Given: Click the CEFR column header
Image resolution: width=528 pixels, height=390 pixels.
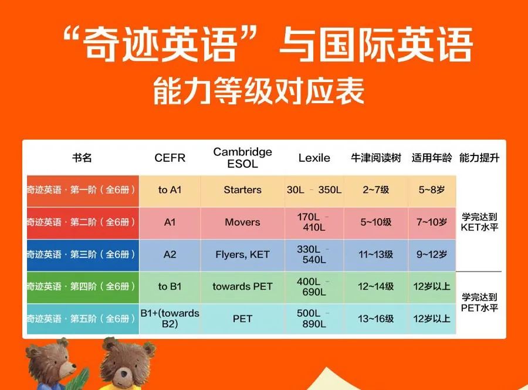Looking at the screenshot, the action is (x=170, y=158).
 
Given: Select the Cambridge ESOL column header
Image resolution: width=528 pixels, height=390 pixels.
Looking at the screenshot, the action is (x=242, y=158).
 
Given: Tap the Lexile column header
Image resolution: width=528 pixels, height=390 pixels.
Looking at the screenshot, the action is (x=314, y=158).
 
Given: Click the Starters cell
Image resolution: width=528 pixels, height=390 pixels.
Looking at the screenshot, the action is (x=242, y=190).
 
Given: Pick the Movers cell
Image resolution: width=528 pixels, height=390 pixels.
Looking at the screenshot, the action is (x=242, y=222).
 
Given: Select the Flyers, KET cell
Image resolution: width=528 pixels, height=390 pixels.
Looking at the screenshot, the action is (x=242, y=255).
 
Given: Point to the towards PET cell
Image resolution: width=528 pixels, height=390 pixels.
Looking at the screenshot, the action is (x=242, y=286).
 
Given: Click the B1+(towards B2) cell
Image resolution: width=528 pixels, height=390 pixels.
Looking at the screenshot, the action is (x=170, y=318).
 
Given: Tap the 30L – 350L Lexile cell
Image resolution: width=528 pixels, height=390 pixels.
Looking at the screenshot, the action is (x=314, y=190).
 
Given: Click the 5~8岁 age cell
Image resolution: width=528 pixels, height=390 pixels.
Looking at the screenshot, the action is (x=432, y=190).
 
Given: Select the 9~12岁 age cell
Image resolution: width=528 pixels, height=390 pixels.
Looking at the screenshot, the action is (x=432, y=255).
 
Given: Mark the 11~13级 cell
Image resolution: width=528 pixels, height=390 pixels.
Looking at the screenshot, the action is (x=376, y=255).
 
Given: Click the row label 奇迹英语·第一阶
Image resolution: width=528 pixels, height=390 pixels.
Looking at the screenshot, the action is (x=81, y=190).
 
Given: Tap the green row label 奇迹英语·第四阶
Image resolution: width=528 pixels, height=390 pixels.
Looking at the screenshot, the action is (x=81, y=286).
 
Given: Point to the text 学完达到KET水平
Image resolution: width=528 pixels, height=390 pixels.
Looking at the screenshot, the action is (x=479, y=222).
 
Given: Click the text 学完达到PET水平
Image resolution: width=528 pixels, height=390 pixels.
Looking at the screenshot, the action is (x=479, y=303).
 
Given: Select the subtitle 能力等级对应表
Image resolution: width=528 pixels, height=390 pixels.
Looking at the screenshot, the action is (x=259, y=91).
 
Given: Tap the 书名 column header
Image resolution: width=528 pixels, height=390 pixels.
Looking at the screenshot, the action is (x=82, y=158).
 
